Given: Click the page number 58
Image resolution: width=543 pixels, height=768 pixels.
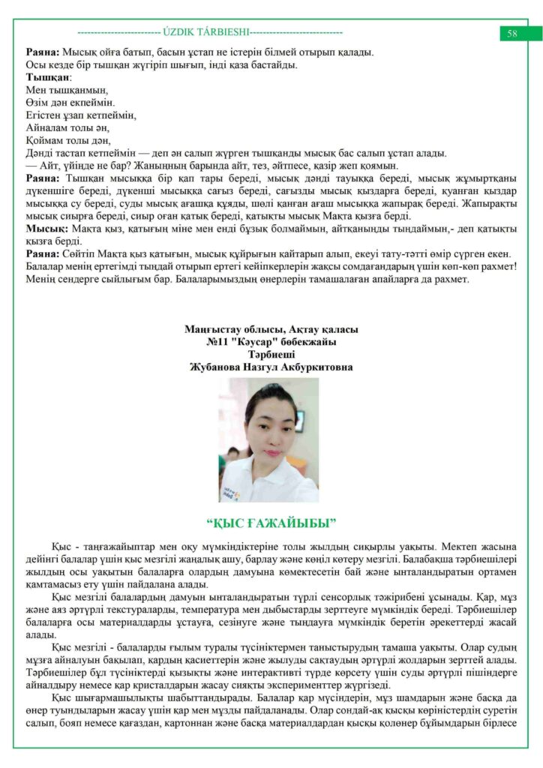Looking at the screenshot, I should pyautogui.click(x=513, y=33).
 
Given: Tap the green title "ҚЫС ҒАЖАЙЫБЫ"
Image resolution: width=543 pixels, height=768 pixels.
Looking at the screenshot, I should pyautogui.click(x=271, y=522).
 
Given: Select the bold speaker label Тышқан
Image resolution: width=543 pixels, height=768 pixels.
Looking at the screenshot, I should pyautogui.click(x=48, y=77).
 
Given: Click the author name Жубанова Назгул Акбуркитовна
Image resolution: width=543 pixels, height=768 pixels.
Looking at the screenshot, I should pyautogui.click(x=271, y=367).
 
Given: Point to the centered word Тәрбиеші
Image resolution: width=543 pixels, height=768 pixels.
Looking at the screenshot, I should pyautogui.click(x=271, y=354).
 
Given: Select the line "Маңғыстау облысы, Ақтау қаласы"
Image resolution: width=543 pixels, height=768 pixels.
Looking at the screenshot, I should pyautogui.click(x=271, y=328).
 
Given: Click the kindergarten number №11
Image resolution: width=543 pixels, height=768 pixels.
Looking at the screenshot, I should pyautogui.click(x=218, y=341).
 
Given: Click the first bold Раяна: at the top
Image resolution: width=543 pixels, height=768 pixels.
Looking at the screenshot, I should pyautogui.click(x=43, y=52).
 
